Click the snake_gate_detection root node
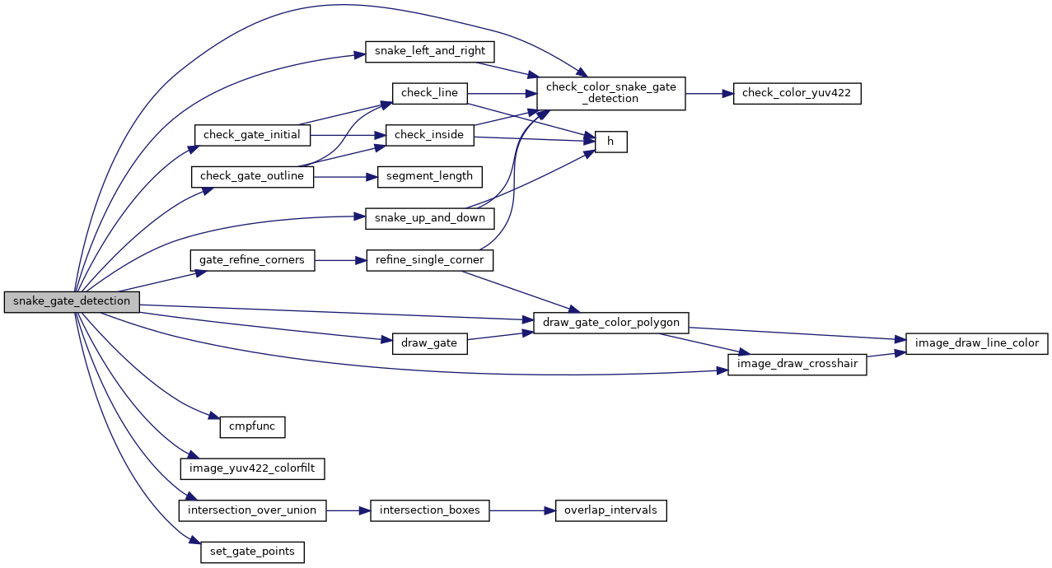tap(72, 301)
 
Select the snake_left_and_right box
tap(429, 51)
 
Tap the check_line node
tap(429, 93)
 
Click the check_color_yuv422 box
tap(797, 93)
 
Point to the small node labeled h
tap(610, 142)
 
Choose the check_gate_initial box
tap(251, 134)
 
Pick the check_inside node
tap(429, 134)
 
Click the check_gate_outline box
tap(252, 176)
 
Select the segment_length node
tap(429, 176)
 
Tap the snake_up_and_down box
tap(429, 218)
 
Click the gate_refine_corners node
tap(252, 260)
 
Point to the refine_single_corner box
tap(429, 260)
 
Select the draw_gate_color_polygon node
tap(610, 323)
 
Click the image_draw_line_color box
tap(976, 343)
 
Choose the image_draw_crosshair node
tap(797, 365)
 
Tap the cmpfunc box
tap(252, 427)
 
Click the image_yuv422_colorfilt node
tap(252, 468)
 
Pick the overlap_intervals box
tap(610, 510)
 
